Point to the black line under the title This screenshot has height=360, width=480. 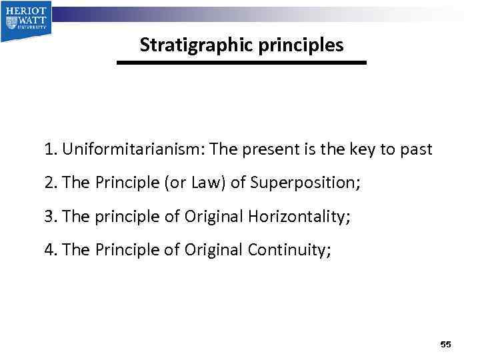click(241, 63)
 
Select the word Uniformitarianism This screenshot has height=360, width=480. click(131, 149)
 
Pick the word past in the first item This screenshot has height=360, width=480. click(415, 149)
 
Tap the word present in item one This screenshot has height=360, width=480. click(265, 149)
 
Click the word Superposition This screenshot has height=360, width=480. click(303, 183)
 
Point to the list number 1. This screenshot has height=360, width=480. click(50, 149)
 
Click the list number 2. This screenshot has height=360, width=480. click(50, 183)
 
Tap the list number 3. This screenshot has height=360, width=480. click(50, 216)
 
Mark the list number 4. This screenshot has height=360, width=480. click(50, 249)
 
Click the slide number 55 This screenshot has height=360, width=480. click(446, 344)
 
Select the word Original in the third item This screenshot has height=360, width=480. click(215, 216)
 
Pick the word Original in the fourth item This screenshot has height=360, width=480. click(214, 249)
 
